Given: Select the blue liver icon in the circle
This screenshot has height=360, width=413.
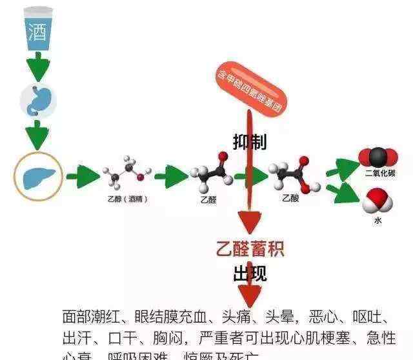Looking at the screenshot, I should pyautogui.click(x=38, y=175).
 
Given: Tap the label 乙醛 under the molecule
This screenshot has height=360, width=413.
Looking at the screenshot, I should pyautogui.click(x=208, y=200).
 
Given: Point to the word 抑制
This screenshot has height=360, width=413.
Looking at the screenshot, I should pyautogui.click(x=249, y=143).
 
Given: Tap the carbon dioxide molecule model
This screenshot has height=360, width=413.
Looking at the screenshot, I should pyautogui.click(x=378, y=157).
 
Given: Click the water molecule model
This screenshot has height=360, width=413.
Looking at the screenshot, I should pyautogui.click(x=378, y=201).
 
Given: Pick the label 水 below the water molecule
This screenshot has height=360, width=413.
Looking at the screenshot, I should pyautogui.click(x=378, y=221).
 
